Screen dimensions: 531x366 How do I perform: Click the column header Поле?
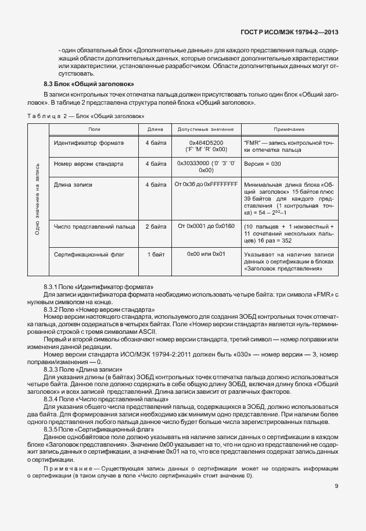[94, 129]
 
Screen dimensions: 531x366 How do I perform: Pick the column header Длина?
[155, 129]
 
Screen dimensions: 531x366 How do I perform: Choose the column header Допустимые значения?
[206, 129]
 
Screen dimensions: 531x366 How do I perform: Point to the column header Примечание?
[289, 129]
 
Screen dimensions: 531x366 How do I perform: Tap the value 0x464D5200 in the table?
[206, 142]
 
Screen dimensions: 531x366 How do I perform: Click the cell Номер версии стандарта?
[88, 164]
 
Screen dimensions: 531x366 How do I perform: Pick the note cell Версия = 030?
[263, 164]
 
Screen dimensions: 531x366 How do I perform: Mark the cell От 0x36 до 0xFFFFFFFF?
[206, 185]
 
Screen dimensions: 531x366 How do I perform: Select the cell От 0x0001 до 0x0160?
[206, 226]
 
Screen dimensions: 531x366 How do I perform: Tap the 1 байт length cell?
[155, 255]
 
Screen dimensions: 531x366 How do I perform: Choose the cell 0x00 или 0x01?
[206, 255]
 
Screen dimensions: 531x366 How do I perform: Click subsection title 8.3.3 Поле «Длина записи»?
[82, 369]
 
